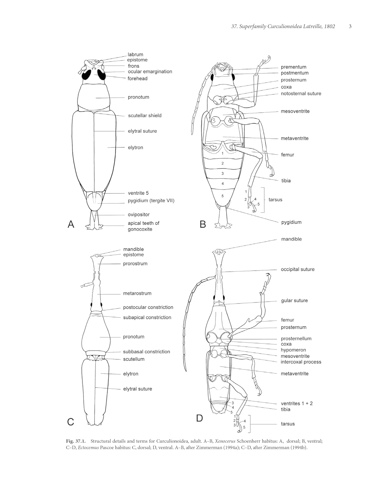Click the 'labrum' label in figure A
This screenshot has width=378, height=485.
point(135,55)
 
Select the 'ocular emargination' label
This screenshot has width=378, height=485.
point(150,71)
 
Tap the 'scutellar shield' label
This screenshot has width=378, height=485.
point(144,115)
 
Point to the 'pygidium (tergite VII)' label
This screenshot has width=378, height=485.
point(151,200)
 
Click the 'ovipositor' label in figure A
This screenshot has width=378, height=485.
point(139,214)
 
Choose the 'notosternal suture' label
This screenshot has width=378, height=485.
point(301,93)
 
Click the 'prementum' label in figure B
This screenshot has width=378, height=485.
point(293,67)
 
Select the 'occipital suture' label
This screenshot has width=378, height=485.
point(297,269)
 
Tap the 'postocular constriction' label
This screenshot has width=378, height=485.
point(148,307)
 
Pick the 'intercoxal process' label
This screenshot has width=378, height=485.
point(301,362)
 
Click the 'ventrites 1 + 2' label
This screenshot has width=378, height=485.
point(297,403)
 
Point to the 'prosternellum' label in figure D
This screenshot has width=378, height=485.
point(296,339)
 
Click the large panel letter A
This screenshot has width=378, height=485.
point(71,224)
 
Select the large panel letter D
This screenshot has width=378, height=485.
point(200,418)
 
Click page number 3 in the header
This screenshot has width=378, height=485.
point(350,27)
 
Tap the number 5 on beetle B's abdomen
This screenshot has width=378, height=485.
point(223,196)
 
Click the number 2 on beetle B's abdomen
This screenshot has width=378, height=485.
point(223,164)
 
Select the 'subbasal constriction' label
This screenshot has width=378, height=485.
point(146,351)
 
